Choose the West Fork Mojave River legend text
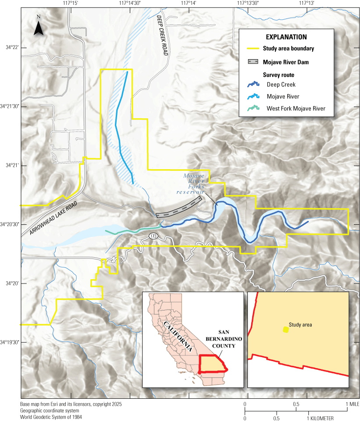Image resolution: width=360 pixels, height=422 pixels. pos(296,108)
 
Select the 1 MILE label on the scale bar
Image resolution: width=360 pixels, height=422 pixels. pos(353,404)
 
